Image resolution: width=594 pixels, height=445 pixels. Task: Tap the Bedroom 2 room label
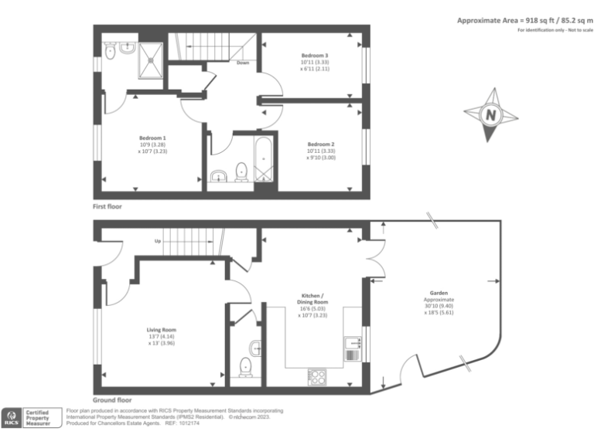pos(320,144)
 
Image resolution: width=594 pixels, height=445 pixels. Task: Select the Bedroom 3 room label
pos(315,56)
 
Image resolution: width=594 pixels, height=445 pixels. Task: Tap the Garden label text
pos(439,294)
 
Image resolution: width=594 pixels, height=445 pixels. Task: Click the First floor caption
pos(108,207)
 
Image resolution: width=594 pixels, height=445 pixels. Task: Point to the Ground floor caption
pos(112,400)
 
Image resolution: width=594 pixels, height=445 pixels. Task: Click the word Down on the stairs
pos(242,63)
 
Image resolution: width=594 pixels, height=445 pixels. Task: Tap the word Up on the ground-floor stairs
pos(158,241)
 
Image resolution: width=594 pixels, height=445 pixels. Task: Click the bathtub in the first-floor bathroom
pos(264,159)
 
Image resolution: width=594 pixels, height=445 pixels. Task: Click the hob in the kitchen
pos(317,376)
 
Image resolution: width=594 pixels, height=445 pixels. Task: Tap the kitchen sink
pos(353,341)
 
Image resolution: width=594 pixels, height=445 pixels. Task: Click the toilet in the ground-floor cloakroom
pos(246,365)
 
